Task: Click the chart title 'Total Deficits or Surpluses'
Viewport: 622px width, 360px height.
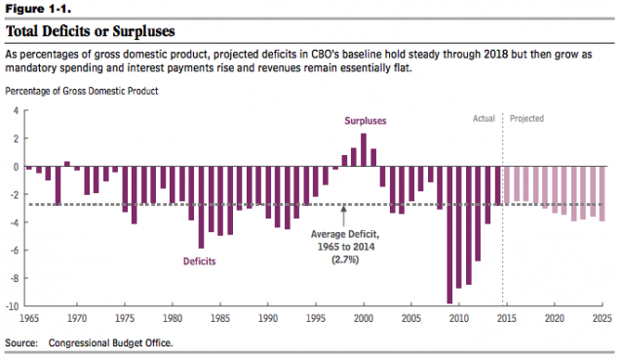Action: pos(90,31)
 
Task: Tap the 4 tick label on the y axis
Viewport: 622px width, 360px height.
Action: pos(16,109)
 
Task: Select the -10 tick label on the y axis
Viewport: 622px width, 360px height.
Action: pos(13,305)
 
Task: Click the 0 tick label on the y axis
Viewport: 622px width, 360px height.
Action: pos(16,166)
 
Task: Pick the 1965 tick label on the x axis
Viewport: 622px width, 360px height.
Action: pos(28,319)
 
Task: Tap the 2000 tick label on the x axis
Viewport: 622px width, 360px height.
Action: pos(364,319)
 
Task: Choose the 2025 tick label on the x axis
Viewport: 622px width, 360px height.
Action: pos(600,319)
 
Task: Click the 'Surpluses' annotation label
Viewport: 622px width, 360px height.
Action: pos(366,121)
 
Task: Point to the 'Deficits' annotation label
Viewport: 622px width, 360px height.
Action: pos(199,261)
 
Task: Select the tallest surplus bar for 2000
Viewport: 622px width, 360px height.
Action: pos(364,149)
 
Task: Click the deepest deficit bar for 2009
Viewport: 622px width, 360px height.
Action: pos(449,234)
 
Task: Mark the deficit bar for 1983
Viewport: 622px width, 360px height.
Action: pos(201,207)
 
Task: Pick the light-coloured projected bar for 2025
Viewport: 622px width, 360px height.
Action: pos(603,193)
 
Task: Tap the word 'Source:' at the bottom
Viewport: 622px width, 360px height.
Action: pos(21,343)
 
